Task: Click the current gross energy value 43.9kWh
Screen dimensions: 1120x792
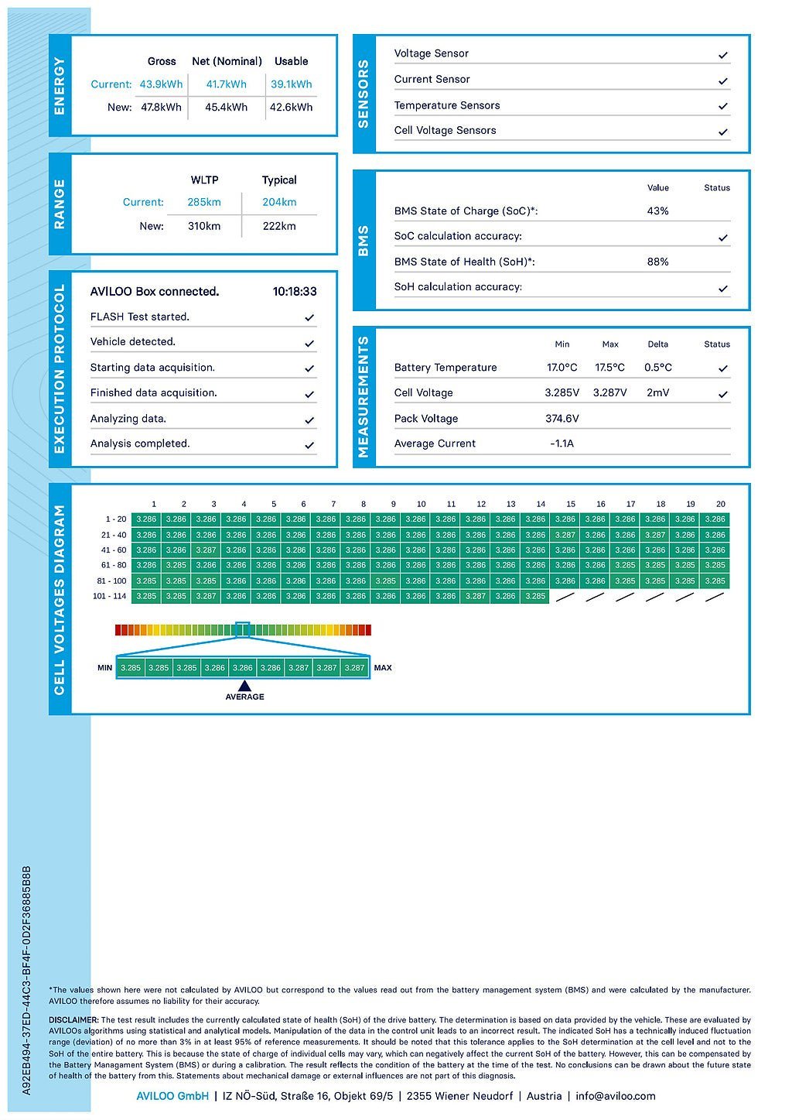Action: (x=161, y=84)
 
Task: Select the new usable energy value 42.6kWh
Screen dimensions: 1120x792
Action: (x=291, y=108)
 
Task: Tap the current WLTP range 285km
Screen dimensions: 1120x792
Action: (x=204, y=202)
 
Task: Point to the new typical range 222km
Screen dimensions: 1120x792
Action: (x=279, y=226)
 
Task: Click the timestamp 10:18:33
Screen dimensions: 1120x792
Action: (x=295, y=292)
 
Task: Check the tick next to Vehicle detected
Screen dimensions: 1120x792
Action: (x=309, y=343)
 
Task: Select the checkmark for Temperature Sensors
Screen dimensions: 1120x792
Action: (x=723, y=106)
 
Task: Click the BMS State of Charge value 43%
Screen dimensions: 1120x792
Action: (x=657, y=211)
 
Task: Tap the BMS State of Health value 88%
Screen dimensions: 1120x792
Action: (x=657, y=262)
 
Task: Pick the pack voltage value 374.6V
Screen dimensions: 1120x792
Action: (x=562, y=419)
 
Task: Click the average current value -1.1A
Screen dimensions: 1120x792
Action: (x=562, y=444)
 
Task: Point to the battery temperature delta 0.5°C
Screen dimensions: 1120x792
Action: (x=658, y=368)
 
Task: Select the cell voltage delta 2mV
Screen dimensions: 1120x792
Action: (x=658, y=392)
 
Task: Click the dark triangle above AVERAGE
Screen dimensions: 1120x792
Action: (x=244, y=685)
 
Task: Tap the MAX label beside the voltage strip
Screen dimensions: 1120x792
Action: (x=383, y=668)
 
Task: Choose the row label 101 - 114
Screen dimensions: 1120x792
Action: (x=109, y=596)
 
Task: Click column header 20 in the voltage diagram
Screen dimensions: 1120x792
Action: (x=720, y=504)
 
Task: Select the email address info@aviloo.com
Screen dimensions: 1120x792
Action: (x=616, y=1096)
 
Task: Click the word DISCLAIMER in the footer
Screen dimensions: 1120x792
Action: (x=73, y=1020)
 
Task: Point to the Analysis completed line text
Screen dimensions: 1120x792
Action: (x=140, y=444)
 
